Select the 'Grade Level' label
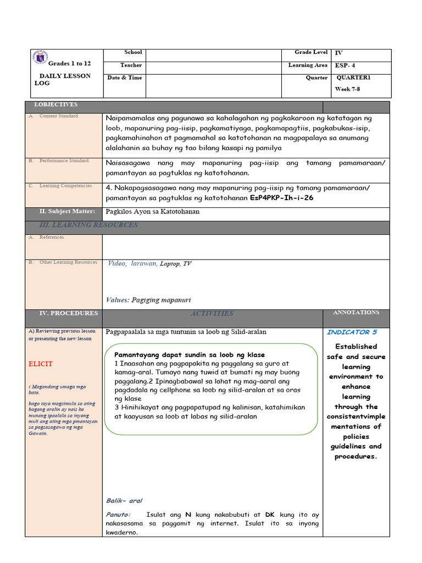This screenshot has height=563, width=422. click(x=311, y=52)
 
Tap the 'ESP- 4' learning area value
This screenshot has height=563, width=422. click(x=345, y=65)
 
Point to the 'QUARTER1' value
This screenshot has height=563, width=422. click(x=353, y=78)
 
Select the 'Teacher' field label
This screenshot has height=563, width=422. click(x=131, y=65)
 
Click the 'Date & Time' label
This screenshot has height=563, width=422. click(x=125, y=78)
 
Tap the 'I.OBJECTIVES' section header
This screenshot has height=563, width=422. click(x=56, y=104)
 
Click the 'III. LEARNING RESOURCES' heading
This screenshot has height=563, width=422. click(x=88, y=225)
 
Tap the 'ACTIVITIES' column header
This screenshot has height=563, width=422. click(x=212, y=313)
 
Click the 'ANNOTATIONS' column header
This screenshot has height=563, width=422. click(x=356, y=312)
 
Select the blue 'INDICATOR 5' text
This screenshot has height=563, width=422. click(x=352, y=332)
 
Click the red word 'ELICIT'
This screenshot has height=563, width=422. click(x=41, y=364)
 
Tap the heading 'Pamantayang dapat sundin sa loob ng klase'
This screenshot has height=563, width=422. click(x=189, y=355)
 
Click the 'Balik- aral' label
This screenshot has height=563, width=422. click(x=124, y=500)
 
